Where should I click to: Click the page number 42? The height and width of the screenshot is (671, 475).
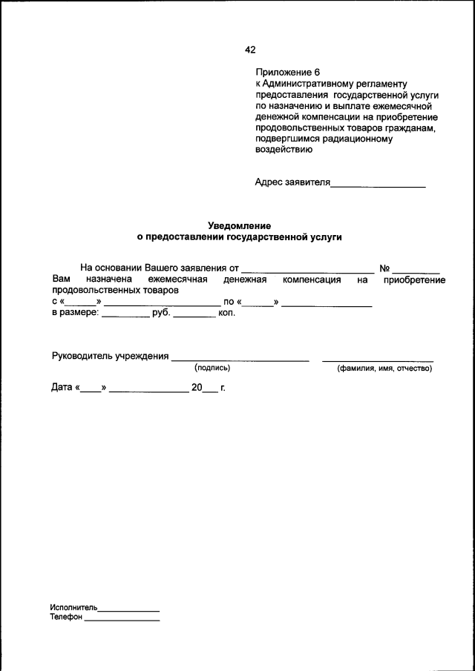coord(249,50)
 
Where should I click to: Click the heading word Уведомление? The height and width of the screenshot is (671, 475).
coord(239,225)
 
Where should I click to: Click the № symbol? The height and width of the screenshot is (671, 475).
coord(384,268)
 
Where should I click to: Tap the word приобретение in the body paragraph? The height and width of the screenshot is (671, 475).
coord(414,280)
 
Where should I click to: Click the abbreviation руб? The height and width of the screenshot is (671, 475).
coord(161,313)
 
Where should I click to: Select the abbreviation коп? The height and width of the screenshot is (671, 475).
coord(226,313)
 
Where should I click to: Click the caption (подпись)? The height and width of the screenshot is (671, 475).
coord(212,368)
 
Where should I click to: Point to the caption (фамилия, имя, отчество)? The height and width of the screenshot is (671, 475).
coord(384,368)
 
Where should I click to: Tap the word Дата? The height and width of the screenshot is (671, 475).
coord(62,387)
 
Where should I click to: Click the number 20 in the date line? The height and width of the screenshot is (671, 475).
coord(197,387)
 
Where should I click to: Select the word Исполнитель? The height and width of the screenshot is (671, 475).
coord(73,606)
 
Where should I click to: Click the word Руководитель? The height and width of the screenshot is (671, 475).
coord(82,356)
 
